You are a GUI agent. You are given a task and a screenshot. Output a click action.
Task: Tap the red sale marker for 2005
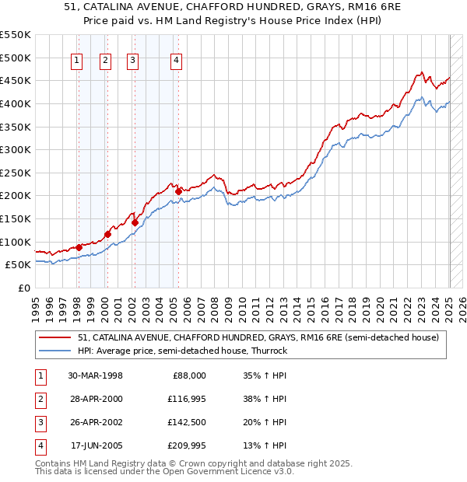click(179, 190)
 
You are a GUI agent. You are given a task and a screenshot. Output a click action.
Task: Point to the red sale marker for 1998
click(79, 246)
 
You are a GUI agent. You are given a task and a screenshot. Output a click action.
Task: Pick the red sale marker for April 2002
click(135, 222)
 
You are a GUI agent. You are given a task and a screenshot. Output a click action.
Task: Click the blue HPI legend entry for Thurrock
click(182, 351)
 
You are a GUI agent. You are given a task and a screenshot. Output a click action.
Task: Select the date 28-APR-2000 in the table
click(95, 399)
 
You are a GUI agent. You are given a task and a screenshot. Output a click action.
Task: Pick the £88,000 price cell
click(189, 375)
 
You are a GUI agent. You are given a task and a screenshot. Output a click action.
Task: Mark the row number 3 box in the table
click(40, 422)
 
